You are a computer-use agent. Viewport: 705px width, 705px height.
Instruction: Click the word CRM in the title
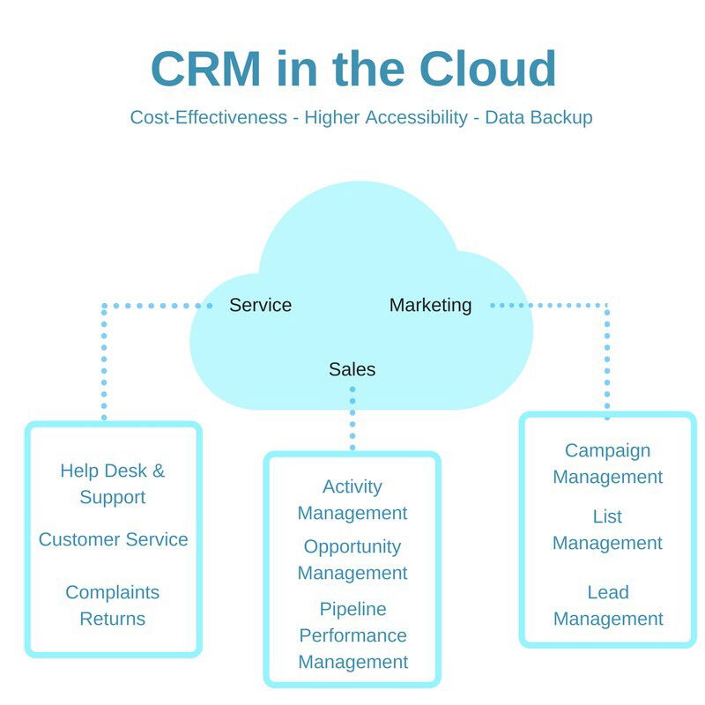(204, 69)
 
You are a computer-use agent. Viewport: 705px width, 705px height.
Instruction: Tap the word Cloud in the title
(487, 69)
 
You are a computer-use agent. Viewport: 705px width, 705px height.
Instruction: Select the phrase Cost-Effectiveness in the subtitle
(209, 117)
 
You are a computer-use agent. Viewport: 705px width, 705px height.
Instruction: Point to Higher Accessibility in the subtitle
(386, 117)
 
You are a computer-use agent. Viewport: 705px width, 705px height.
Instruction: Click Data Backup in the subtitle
(539, 117)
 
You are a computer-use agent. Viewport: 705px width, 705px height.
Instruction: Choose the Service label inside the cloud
(260, 306)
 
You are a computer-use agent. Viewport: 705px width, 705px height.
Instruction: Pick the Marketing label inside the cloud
(430, 306)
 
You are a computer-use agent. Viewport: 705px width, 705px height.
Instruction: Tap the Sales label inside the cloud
(352, 369)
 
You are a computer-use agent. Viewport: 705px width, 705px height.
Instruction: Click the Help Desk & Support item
(113, 484)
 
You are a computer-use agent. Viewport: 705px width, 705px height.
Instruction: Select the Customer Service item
(113, 539)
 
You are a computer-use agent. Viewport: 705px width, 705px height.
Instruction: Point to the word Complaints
(113, 592)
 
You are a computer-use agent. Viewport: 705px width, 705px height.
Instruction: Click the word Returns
(113, 619)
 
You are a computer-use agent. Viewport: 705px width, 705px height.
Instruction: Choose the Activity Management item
(352, 500)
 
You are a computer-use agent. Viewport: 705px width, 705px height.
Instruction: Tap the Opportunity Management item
(352, 560)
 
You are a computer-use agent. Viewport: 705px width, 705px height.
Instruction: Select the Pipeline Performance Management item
(352, 635)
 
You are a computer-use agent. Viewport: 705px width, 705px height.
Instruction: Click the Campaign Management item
(607, 464)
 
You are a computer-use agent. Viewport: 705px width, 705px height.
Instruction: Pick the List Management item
(607, 530)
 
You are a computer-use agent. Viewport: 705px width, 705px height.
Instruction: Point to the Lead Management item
(607, 605)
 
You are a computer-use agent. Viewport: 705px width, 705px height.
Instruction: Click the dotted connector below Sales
(352, 418)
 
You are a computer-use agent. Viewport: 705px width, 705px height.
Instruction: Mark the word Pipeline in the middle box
(352, 609)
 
